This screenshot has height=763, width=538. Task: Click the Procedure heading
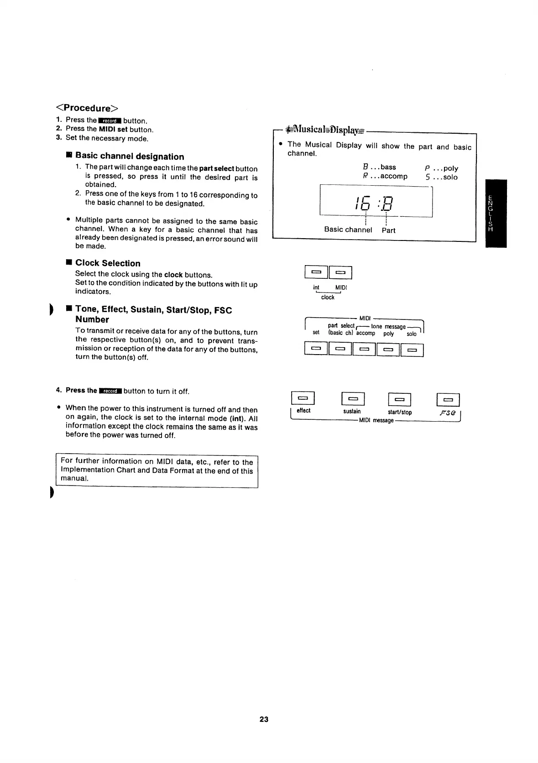(87, 108)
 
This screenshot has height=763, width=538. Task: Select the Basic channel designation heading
(130, 157)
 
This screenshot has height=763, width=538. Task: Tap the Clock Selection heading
(108, 263)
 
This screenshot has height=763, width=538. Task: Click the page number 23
(264, 719)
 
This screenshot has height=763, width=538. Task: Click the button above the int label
(316, 272)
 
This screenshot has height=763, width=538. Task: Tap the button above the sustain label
(353, 399)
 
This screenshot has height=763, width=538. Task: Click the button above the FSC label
(448, 399)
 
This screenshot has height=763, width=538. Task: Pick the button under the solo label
(412, 350)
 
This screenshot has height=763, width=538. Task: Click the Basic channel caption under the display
(348, 230)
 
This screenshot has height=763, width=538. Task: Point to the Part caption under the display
(388, 230)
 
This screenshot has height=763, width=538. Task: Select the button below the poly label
(388, 350)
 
